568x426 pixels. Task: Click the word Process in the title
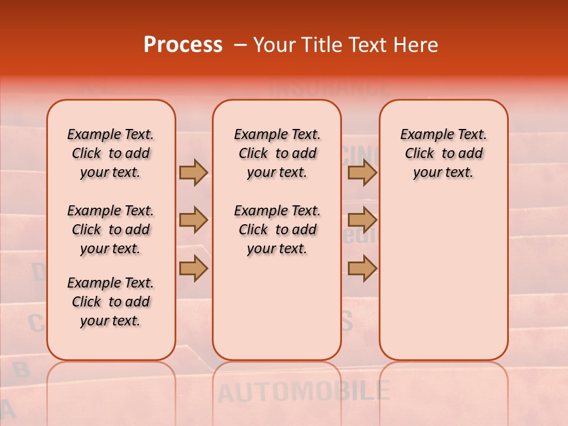click(183, 45)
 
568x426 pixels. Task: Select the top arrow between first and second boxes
click(193, 172)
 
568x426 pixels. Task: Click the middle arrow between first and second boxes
click(193, 221)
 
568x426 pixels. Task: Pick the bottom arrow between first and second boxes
click(193, 269)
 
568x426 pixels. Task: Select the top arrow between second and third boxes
click(362, 172)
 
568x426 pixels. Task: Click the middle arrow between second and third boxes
click(362, 221)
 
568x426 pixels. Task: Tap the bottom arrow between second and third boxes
click(362, 269)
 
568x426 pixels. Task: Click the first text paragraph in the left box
click(111, 153)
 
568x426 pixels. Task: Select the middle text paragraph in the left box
click(111, 230)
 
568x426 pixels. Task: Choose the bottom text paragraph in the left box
click(111, 302)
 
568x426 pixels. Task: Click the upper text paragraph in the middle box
click(277, 153)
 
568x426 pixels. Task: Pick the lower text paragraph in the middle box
click(277, 230)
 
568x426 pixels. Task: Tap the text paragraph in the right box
click(444, 153)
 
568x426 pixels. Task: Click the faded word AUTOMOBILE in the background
click(304, 392)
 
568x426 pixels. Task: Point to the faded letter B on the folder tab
click(21, 370)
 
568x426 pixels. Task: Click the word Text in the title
click(367, 45)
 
